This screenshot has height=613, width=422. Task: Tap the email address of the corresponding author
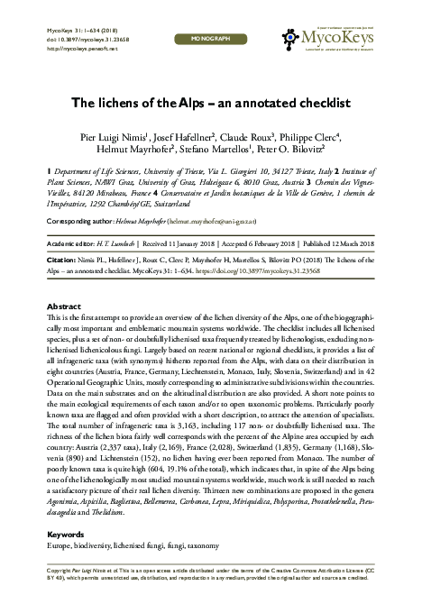[229, 219]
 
